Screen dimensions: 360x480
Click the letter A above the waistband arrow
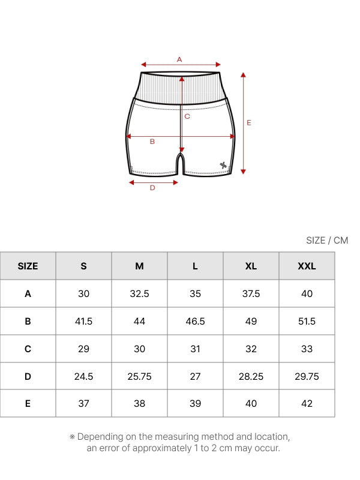tap(179, 59)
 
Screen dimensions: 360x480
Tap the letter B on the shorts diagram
tap(152, 142)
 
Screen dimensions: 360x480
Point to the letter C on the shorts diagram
tap(187, 116)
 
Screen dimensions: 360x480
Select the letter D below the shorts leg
tap(152, 188)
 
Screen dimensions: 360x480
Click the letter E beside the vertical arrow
tap(249, 123)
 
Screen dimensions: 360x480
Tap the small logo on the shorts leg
tap(223, 166)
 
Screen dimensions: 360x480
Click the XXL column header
tap(307, 266)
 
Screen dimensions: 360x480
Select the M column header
tap(139, 266)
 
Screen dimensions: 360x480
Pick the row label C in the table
tap(28, 349)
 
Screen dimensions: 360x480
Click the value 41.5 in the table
tap(83, 321)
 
